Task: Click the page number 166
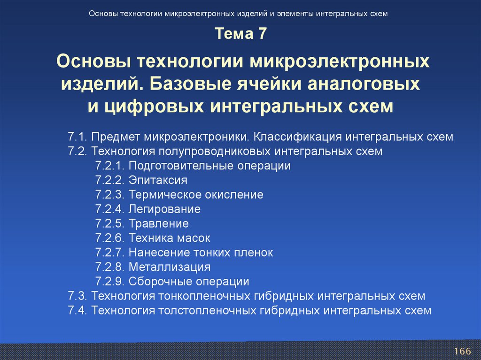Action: point(462,352)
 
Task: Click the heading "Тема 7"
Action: point(240,34)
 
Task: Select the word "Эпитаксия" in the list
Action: point(158,180)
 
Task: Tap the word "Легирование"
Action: point(165,209)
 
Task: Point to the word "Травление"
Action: point(159,223)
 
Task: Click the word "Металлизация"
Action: point(170,267)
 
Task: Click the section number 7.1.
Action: point(78,137)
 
